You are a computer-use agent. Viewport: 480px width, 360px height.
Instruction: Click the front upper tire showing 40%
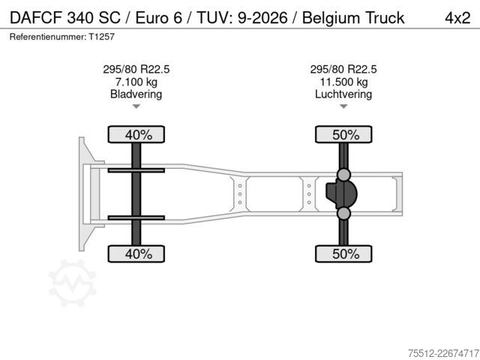click(136, 134)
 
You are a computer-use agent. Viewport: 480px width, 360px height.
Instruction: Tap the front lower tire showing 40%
click(136, 253)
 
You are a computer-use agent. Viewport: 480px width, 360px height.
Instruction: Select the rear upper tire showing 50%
click(343, 134)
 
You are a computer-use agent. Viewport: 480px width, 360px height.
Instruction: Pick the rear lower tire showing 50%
click(343, 253)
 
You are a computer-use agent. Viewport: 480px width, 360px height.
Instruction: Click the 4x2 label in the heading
click(457, 18)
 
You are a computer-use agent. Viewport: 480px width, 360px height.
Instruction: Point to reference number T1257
click(102, 37)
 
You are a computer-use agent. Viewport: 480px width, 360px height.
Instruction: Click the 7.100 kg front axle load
click(136, 82)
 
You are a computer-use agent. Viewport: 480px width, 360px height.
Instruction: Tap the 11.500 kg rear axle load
click(343, 82)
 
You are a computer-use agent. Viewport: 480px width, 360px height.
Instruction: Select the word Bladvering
click(136, 94)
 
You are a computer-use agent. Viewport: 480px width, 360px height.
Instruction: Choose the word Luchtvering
click(343, 94)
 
